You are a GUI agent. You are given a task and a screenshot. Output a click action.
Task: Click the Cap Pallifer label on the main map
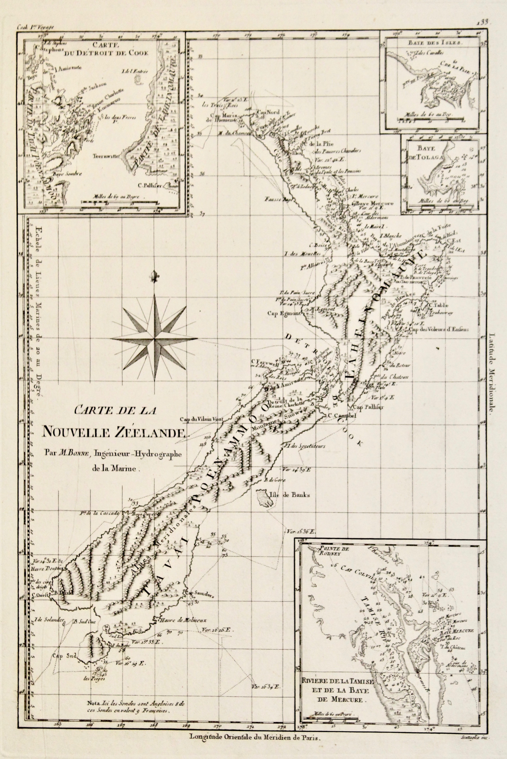tap(368, 407)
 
